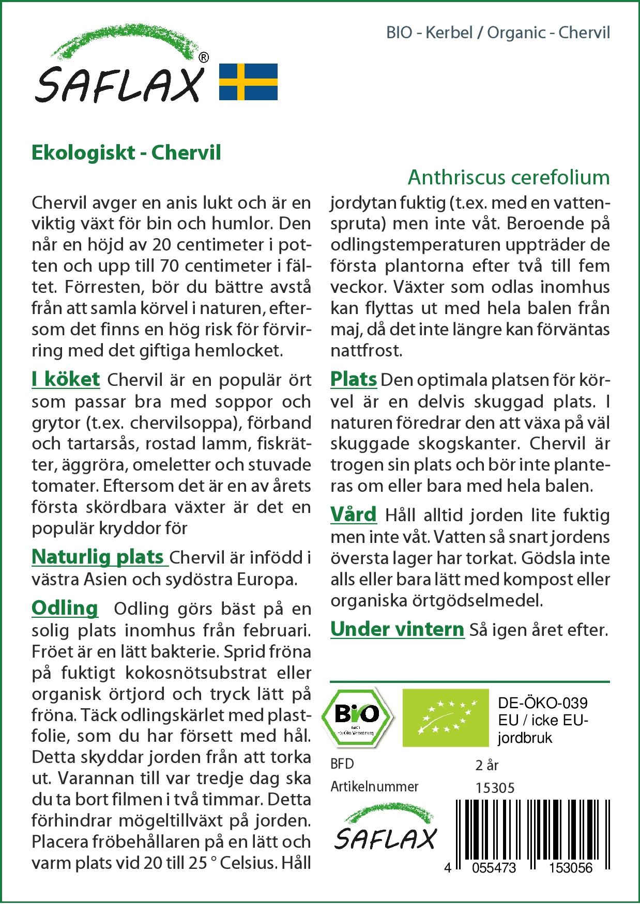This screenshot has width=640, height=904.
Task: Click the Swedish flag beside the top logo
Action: pyautogui.click(x=248, y=82)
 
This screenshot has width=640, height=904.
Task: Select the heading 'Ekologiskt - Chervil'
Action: pyautogui.click(x=126, y=153)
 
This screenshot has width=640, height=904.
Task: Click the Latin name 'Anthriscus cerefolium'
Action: pyautogui.click(x=509, y=177)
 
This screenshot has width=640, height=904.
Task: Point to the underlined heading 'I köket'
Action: pyautogui.click(x=66, y=379)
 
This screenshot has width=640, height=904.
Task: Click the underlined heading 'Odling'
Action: pyautogui.click(x=65, y=607)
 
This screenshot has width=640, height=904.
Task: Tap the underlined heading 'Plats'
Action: pyautogui.click(x=354, y=379)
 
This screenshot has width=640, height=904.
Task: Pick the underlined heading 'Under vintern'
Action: pyautogui.click(x=397, y=629)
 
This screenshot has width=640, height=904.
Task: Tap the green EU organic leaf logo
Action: pyautogui.click(x=446, y=717)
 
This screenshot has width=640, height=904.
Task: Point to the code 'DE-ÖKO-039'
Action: pyautogui.click(x=542, y=703)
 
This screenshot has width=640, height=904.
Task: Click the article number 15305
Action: pyautogui.click(x=495, y=787)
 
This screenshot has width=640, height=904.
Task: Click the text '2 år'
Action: pyautogui.click(x=487, y=765)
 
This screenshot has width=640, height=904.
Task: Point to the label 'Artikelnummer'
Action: pyautogui.click(x=374, y=787)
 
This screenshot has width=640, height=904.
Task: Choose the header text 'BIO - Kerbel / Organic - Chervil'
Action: pyautogui.click(x=498, y=33)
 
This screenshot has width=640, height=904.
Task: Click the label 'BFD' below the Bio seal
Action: pyautogui.click(x=342, y=764)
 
